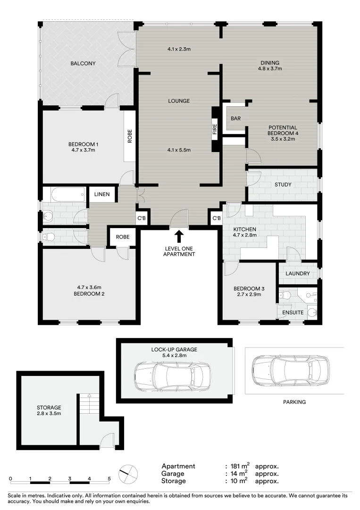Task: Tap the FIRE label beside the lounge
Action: [215, 130]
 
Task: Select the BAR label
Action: [236, 119]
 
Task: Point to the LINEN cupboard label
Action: [102, 194]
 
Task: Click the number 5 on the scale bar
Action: [109, 478]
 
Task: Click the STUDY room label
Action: [283, 185]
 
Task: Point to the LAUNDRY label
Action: [298, 274]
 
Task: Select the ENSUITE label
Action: [293, 313]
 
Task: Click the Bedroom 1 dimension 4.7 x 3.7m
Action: [83, 151]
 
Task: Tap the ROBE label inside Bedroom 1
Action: [129, 136]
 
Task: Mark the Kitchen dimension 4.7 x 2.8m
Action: [245, 235]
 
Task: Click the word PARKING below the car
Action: [294, 402]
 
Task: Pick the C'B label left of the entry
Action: [141, 218]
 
